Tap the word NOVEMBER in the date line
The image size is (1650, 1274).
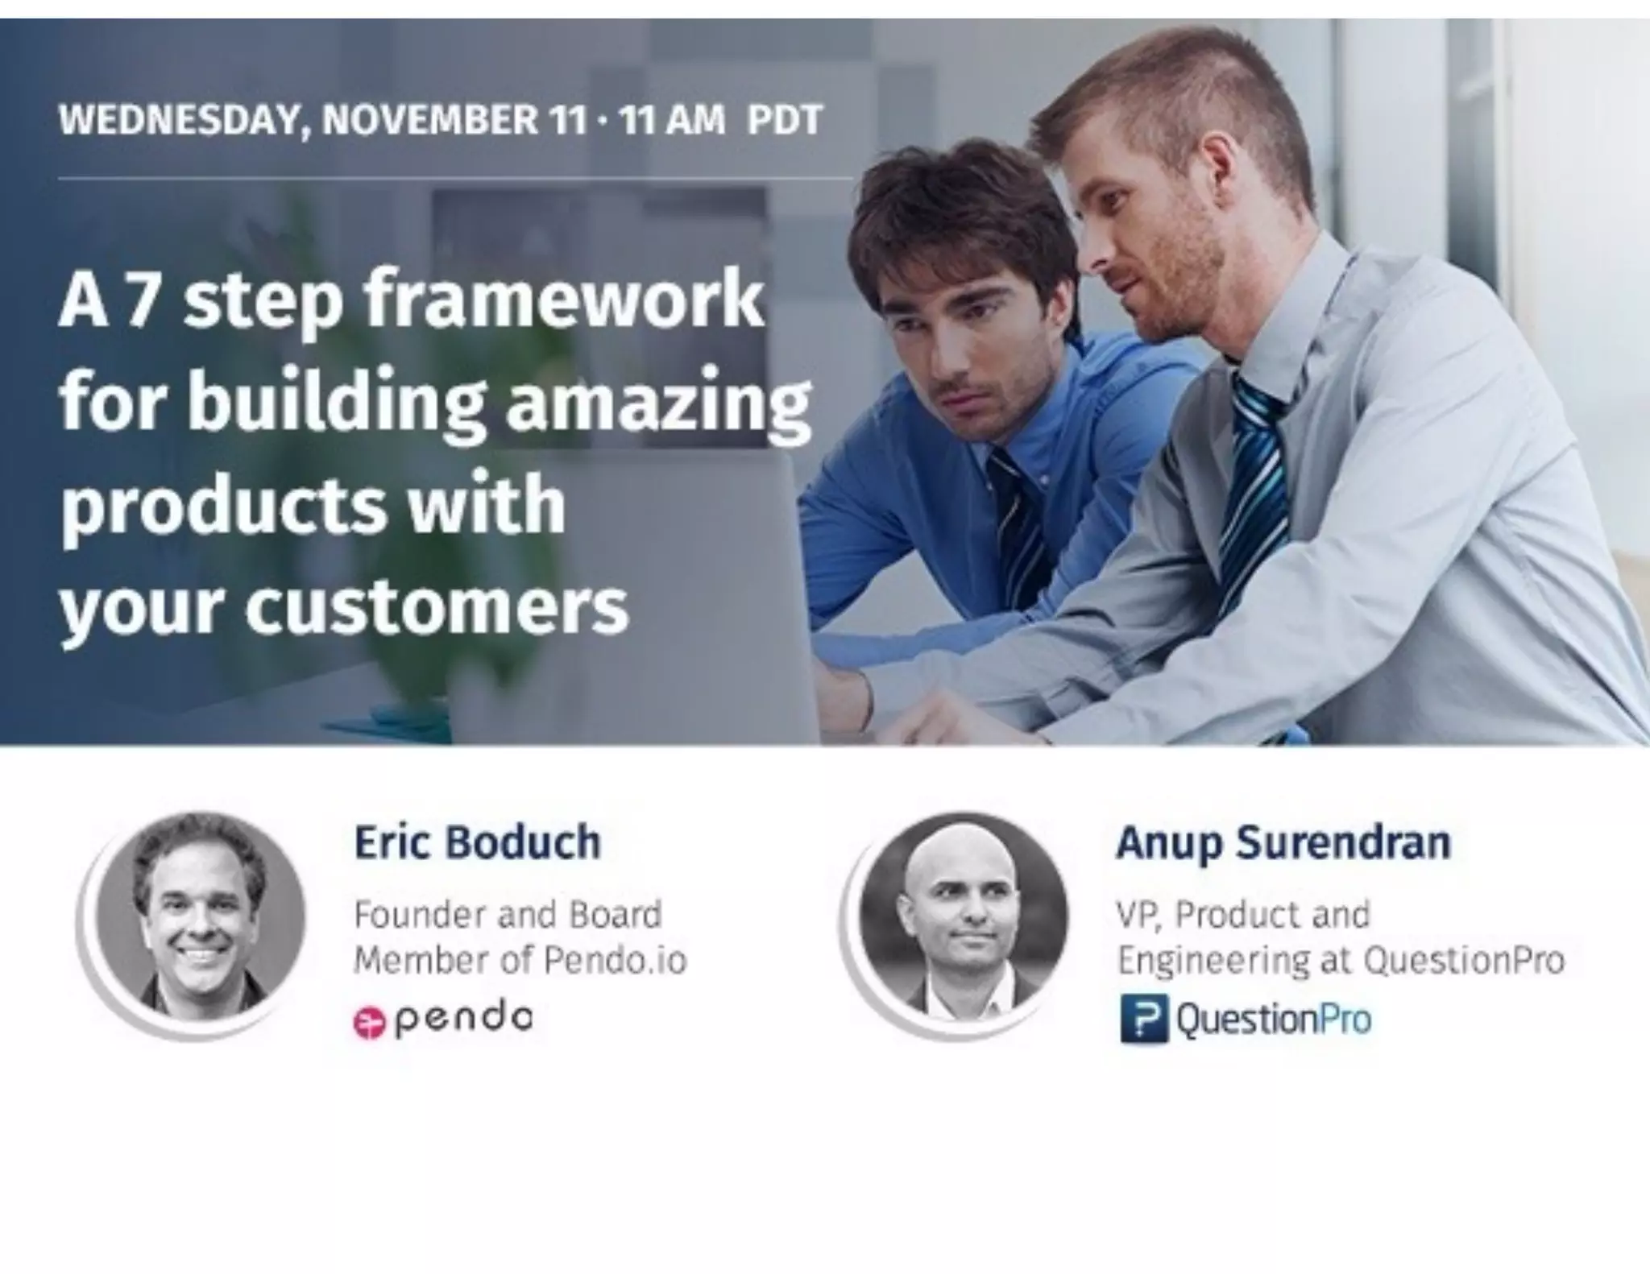click(428, 121)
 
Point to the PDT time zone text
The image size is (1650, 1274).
click(784, 121)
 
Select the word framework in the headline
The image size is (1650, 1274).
click(563, 301)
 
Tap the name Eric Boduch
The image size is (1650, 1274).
click(477, 842)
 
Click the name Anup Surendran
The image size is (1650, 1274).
click(1283, 843)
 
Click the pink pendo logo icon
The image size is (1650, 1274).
click(370, 1022)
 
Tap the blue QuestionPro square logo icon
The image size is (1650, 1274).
click(1143, 1019)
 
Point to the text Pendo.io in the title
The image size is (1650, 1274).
click(614, 960)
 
